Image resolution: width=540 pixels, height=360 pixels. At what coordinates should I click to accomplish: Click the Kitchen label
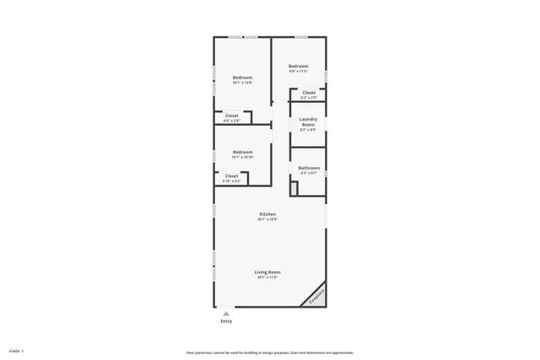pos(267,214)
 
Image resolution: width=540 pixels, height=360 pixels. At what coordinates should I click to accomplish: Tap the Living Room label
pos(267,271)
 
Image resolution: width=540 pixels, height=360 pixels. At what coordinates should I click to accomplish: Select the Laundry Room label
pos(308,121)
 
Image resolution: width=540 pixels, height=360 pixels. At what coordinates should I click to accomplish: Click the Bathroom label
pos(308,167)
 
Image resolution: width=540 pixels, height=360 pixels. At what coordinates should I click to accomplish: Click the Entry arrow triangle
pos(225,313)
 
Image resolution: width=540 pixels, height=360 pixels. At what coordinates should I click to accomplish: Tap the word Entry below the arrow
pos(226,321)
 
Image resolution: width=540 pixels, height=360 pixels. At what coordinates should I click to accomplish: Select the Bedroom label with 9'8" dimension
pos(298,66)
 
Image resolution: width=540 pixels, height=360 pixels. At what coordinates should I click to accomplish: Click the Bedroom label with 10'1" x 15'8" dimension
pos(243,78)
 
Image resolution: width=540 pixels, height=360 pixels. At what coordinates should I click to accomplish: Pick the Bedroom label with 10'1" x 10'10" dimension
pos(243,152)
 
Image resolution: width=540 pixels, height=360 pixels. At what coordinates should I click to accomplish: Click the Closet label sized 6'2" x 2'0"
pos(309,93)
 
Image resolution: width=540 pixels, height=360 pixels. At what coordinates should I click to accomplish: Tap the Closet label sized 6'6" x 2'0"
pos(231,116)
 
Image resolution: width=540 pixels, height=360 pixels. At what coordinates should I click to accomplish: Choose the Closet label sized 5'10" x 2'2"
pos(231,175)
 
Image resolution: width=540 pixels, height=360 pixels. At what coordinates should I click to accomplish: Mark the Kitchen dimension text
pos(267,219)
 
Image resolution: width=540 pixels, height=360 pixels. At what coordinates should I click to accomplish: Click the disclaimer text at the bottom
pos(270,352)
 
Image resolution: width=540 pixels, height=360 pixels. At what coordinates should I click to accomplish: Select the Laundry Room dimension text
pos(308,130)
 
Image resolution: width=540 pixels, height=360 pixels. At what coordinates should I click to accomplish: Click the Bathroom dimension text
pos(308,173)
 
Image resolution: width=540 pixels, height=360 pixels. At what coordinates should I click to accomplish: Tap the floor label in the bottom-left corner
pos(16,351)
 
